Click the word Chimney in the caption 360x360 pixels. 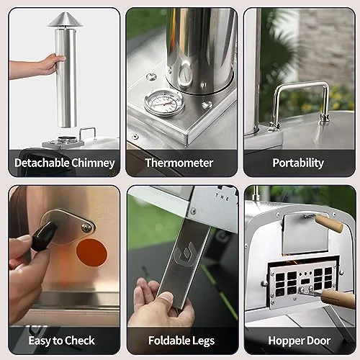click(x=93, y=163)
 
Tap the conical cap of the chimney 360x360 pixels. click(x=65, y=20)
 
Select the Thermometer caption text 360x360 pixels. click(x=179, y=163)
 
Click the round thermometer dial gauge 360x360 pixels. click(x=164, y=103)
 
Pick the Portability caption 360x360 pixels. click(x=298, y=163)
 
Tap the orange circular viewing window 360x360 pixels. click(x=92, y=253)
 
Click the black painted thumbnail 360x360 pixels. click(x=44, y=236)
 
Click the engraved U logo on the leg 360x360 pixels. click(x=185, y=254)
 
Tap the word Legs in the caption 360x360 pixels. click(x=204, y=341)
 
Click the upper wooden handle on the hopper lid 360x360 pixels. click(x=329, y=223)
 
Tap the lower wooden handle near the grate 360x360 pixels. click(x=338, y=298)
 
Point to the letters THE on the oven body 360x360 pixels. click(x=222, y=197)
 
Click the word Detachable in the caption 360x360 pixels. click(x=42, y=163)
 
